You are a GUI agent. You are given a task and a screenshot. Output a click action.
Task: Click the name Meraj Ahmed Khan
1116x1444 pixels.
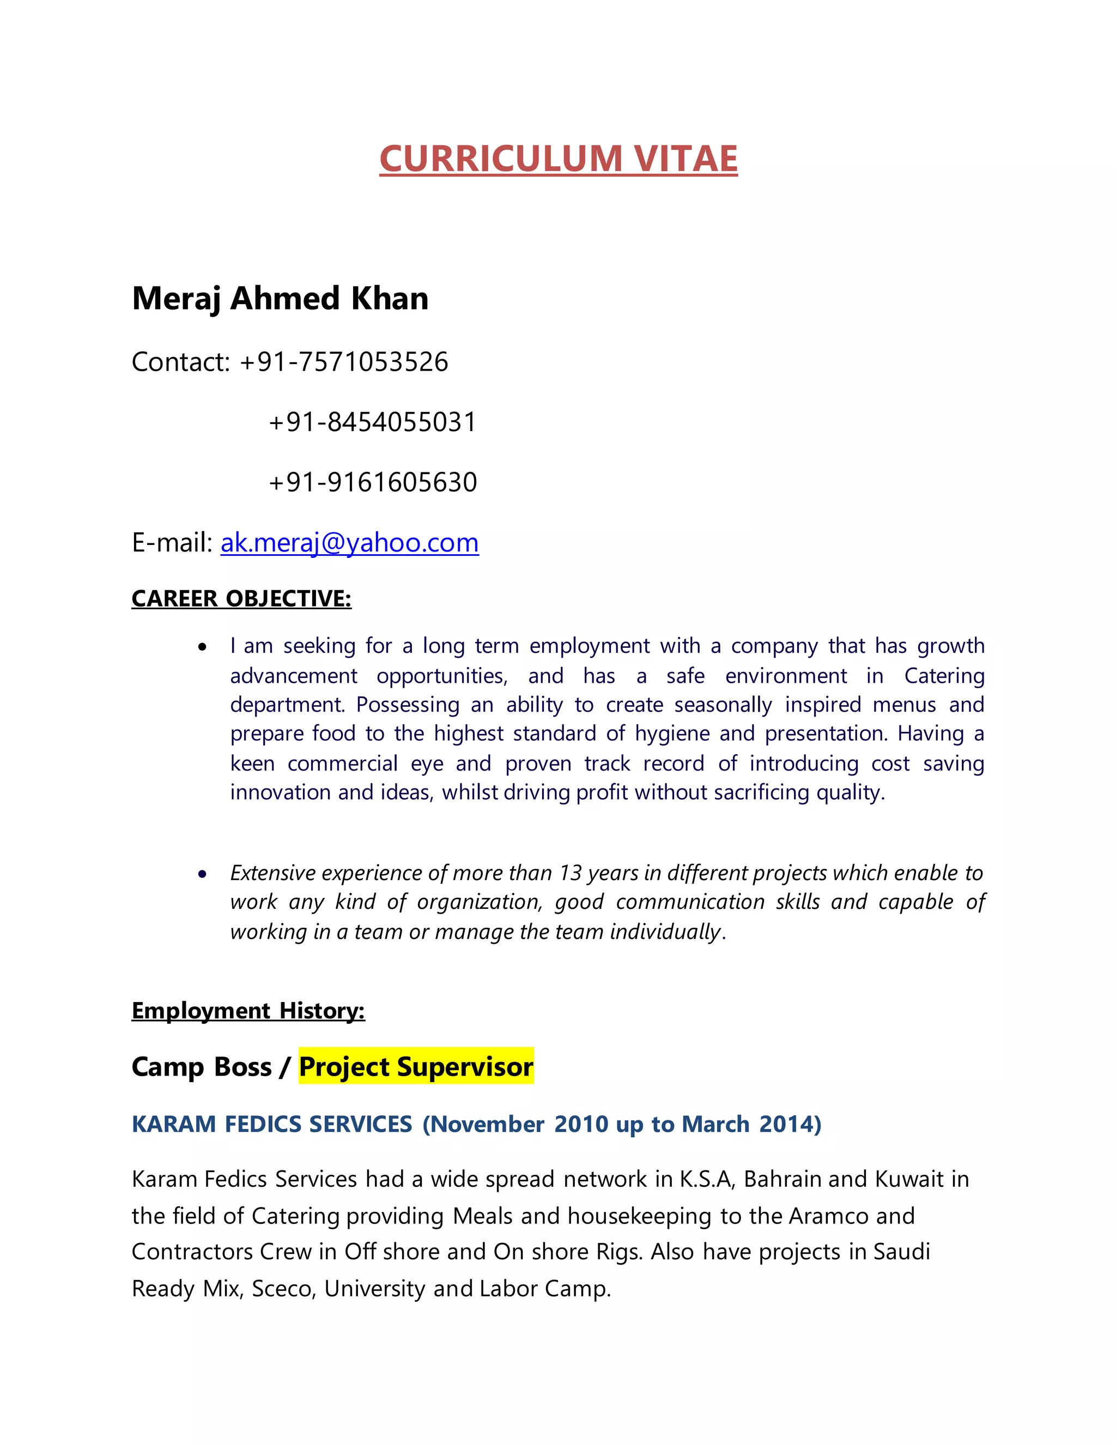(280, 298)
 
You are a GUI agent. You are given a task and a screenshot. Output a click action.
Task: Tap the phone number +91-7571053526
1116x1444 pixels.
(344, 362)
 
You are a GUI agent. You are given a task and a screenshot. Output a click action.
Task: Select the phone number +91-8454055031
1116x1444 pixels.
(372, 422)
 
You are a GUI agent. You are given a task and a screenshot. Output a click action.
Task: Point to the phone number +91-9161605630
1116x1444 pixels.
(372, 482)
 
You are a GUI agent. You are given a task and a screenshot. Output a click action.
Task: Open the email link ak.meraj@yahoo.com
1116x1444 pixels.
(349, 543)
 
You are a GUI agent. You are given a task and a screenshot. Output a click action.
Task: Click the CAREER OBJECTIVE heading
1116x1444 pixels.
(241, 598)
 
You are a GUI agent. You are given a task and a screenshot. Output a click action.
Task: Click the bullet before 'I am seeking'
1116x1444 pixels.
(203, 647)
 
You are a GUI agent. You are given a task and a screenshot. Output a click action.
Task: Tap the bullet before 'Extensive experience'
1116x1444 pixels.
(203, 875)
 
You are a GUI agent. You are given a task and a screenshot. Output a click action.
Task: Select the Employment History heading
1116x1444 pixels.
(248, 1011)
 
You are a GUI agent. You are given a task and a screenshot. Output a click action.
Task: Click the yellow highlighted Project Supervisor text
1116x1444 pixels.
(416, 1067)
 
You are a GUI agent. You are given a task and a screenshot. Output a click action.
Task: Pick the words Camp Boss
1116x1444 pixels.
(202, 1067)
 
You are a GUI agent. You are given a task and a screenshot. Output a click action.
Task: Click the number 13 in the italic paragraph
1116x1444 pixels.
(570, 873)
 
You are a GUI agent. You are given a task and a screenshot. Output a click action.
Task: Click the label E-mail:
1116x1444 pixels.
(172, 543)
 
